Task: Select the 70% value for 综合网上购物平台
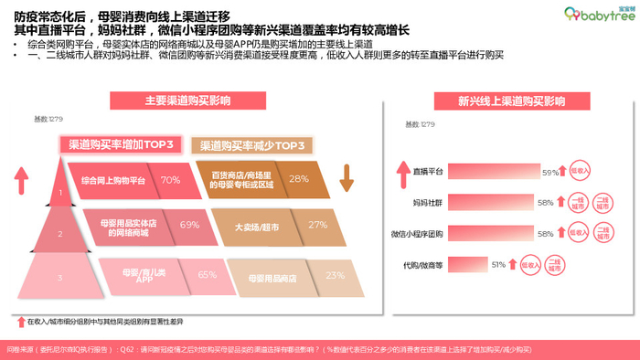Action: pyautogui.click(x=170, y=180)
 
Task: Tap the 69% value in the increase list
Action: pyautogui.click(x=189, y=225)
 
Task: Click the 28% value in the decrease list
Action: pyautogui.click(x=298, y=179)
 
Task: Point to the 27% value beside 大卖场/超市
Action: pyautogui.click(x=317, y=225)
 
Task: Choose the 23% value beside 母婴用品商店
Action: pyautogui.click(x=335, y=273)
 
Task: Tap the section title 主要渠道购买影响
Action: pyautogui.click(x=184, y=101)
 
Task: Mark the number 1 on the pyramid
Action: pyautogui.click(x=60, y=193)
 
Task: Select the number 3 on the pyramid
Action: pyautogui.click(x=60, y=277)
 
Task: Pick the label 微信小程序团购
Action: pyautogui.click(x=418, y=233)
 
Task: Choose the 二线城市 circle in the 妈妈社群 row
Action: pyautogui.click(x=603, y=202)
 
